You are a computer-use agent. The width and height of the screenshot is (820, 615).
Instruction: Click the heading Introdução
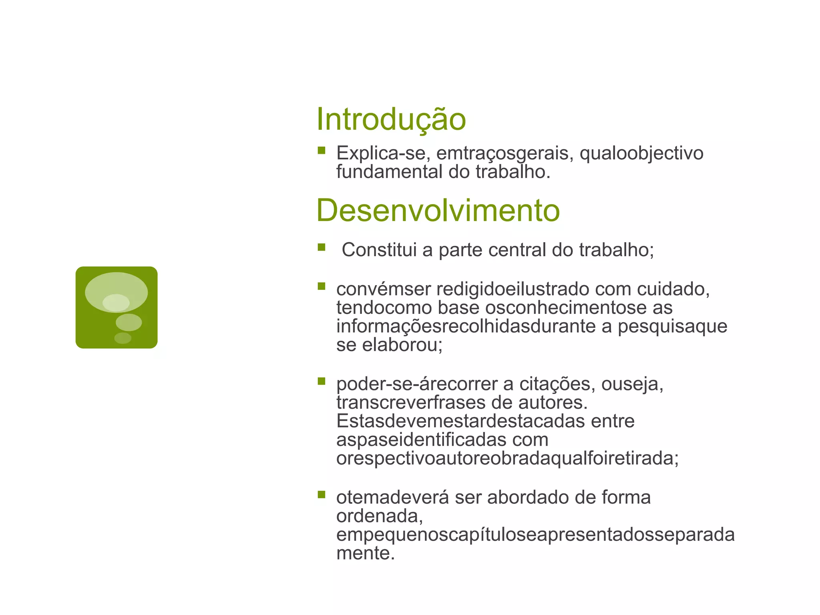[x=391, y=119]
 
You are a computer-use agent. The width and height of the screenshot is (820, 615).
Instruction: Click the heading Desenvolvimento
[x=438, y=211]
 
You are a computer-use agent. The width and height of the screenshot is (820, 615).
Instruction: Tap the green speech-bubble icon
[x=117, y=307]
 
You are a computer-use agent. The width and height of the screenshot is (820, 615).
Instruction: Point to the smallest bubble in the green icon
[x=123, y=338]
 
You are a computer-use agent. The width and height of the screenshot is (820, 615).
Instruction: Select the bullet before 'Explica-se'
[x=322, y=151]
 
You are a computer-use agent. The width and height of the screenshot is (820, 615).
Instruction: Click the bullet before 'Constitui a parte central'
[x=322, y=247]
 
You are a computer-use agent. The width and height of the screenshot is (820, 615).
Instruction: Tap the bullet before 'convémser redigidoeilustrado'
[x=322, y=286]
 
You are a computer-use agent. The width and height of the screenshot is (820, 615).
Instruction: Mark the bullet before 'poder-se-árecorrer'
[x=322, y=381]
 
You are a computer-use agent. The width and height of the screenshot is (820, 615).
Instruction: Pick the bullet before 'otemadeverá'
[x=322, y=494]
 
